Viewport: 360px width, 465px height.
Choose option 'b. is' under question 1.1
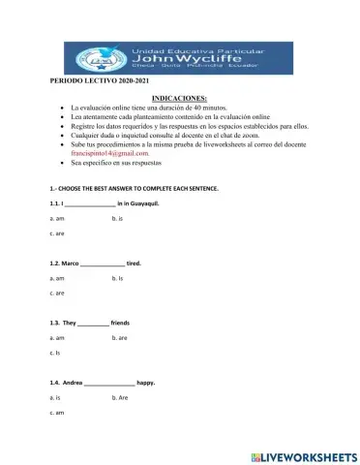(117, 221)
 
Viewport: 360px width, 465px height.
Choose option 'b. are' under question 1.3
(120, 338)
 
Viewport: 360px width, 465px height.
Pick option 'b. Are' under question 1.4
(120, 398)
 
